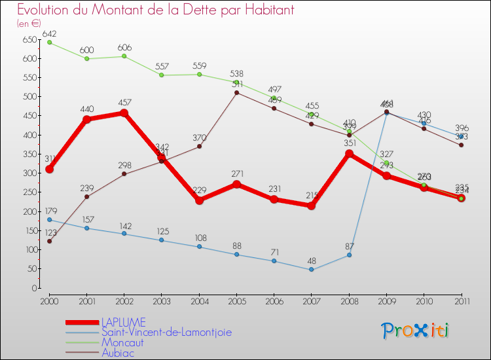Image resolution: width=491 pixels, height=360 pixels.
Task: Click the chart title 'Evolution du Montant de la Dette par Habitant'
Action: click(x=155, y=10)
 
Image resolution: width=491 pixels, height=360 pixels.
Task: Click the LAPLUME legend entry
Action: click(x=123, y=322)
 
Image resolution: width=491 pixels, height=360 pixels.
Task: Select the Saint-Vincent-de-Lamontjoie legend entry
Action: click(x=166, y=332)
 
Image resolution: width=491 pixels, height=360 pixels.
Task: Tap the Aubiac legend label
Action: click(x=118, y=352)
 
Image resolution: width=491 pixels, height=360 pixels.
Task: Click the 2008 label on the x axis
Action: click(x=349, y=300)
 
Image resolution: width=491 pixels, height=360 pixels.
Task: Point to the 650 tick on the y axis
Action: click(x=29, y=40)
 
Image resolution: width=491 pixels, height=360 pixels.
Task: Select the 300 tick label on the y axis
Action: click(x=29, y=173)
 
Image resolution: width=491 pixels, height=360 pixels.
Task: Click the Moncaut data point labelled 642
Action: click(x=50, y=43)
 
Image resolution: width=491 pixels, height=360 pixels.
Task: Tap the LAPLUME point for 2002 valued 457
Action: click(x=124, y=113)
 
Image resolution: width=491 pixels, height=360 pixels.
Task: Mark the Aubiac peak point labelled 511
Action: click(x=236, y=92)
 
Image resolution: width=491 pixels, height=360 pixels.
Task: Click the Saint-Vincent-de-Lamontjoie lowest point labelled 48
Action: click(x=312, y=270)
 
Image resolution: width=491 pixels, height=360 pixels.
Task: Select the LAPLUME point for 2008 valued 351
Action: click(x=349, y=154)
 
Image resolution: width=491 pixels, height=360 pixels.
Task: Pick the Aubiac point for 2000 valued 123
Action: click(x=50, y=241)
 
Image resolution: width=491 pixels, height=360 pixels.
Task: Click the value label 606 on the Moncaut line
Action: click(x=124, y=48)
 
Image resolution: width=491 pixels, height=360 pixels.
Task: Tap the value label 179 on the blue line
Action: click(x=50, y=211)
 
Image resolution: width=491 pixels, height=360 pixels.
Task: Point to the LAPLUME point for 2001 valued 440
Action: click(x=87, y=119)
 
